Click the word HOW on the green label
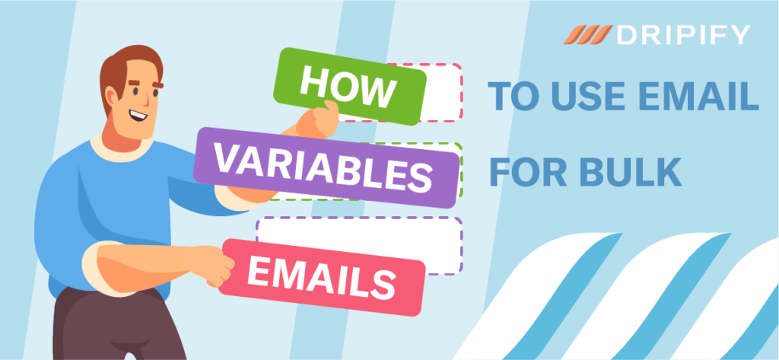[x=348, y=87]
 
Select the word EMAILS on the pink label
[x=321, y=278]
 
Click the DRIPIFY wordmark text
[x=683, y=35]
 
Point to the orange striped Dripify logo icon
[x=588, y=35]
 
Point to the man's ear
[x=111, y=95]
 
